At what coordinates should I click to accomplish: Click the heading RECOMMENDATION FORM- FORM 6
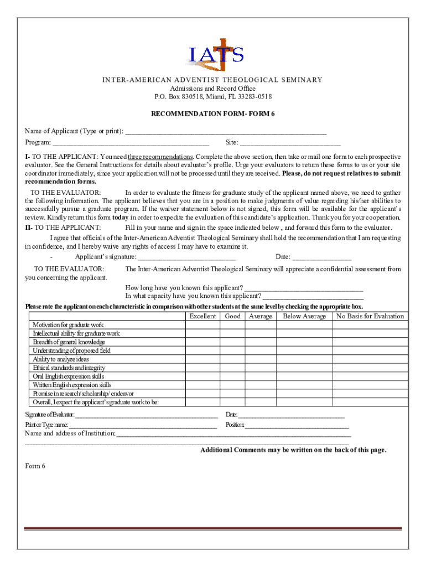(x=213, y=114)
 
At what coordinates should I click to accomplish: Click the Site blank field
(x=290, y=144)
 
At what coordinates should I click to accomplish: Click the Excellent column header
(x=202, y=316)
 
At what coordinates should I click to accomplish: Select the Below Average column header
(x=304, y=316)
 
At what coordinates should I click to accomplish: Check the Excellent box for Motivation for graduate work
(x=202, y=325)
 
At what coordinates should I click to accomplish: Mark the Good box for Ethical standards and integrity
(x=232, y=368)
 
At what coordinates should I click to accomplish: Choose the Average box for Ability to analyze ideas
(x=260, y=359)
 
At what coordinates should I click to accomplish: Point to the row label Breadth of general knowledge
(x=69, y=342)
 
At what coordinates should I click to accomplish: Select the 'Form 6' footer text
(x=35, y=466)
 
